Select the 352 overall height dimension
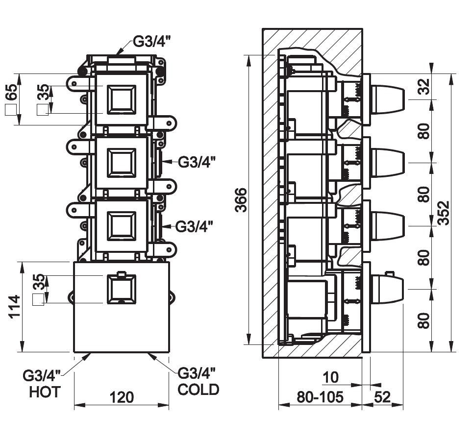(x=443, y=213)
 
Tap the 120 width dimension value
(x=122, y=397)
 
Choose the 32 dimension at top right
(x=424, y=87)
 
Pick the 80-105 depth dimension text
(x=320, y=397)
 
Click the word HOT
(x=45, y=392)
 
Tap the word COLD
(x=198, y=390)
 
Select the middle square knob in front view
(x=121, y=163)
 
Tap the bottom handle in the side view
(x=388, y=289)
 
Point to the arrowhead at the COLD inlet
(x=152, y=356)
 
